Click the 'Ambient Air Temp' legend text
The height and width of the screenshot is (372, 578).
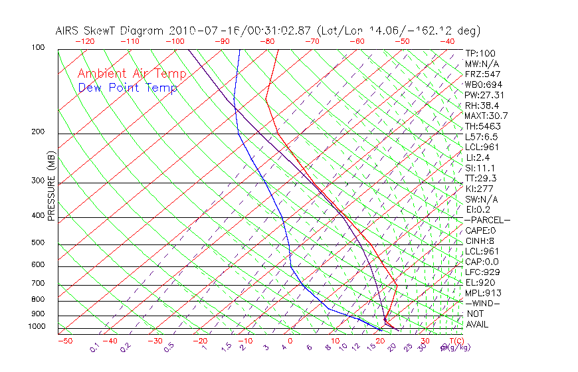click(132, 74)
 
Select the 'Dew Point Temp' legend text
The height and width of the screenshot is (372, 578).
click(128, 88)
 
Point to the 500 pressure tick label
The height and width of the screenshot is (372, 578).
click(39, 242)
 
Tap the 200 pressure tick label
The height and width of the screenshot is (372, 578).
click(39, 132)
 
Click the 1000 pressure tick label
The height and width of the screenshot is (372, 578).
click(37, 326)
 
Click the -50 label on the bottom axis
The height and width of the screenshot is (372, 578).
click(64, 341)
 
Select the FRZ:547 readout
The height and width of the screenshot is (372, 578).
click(483, 74)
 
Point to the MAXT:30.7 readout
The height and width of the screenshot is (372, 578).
click(487, 116)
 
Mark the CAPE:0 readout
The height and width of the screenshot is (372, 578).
click(482, 230)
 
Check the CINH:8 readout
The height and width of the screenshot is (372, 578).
click(482, 240)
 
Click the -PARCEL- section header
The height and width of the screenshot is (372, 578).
click(487, 220)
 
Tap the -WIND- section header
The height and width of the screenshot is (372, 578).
click(483, 303)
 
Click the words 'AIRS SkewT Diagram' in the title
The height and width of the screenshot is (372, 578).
click(110, 31)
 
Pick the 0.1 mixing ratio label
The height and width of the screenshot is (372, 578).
click(95, 347)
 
